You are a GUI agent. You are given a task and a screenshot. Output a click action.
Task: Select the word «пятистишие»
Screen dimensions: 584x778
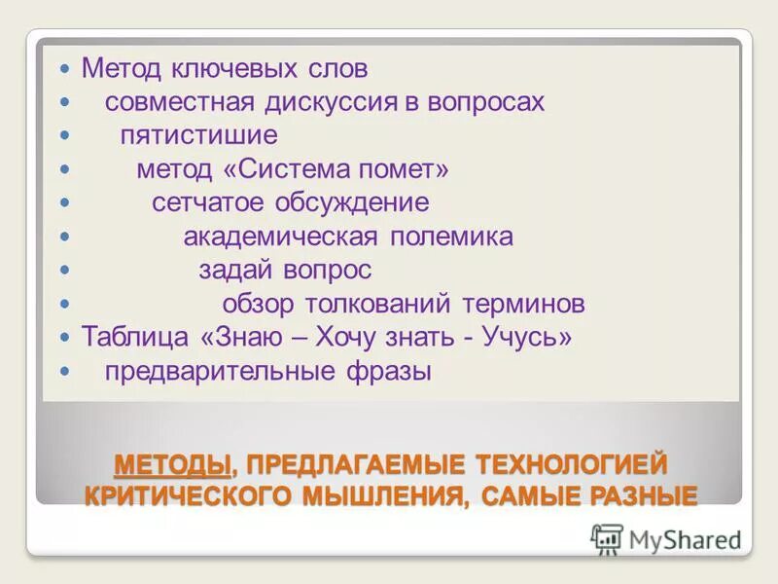(x=199, y=135)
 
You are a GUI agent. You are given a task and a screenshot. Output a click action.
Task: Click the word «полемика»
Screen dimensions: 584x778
(x=452, y=237)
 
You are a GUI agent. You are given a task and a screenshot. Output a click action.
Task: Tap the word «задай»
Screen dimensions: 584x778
(x=228, y=271)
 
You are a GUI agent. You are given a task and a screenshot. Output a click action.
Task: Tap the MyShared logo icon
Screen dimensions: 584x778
(x=607, y=538)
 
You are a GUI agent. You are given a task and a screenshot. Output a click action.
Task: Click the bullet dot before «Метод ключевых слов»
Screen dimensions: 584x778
(x=66, y=70)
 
